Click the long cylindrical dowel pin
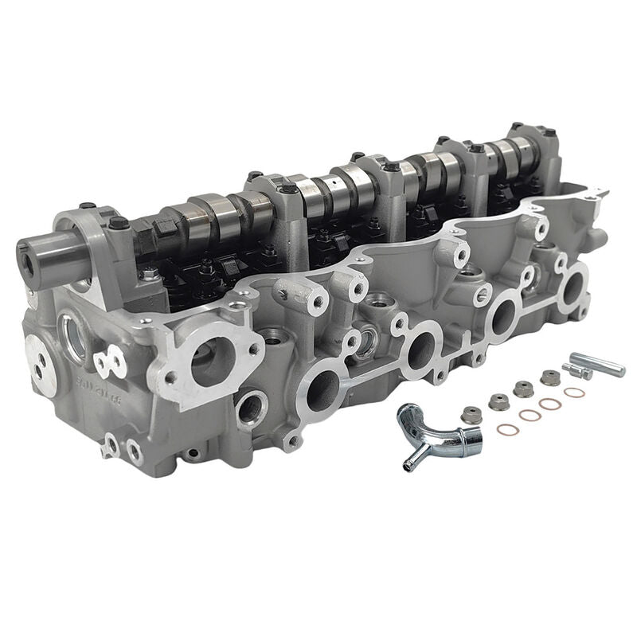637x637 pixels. click(600, 365)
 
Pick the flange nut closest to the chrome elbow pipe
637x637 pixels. click(471, 414)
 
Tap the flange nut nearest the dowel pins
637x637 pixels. click(549, 377)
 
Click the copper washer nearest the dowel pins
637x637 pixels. click(573, 393)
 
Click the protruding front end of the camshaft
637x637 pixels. click(36, 253)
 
